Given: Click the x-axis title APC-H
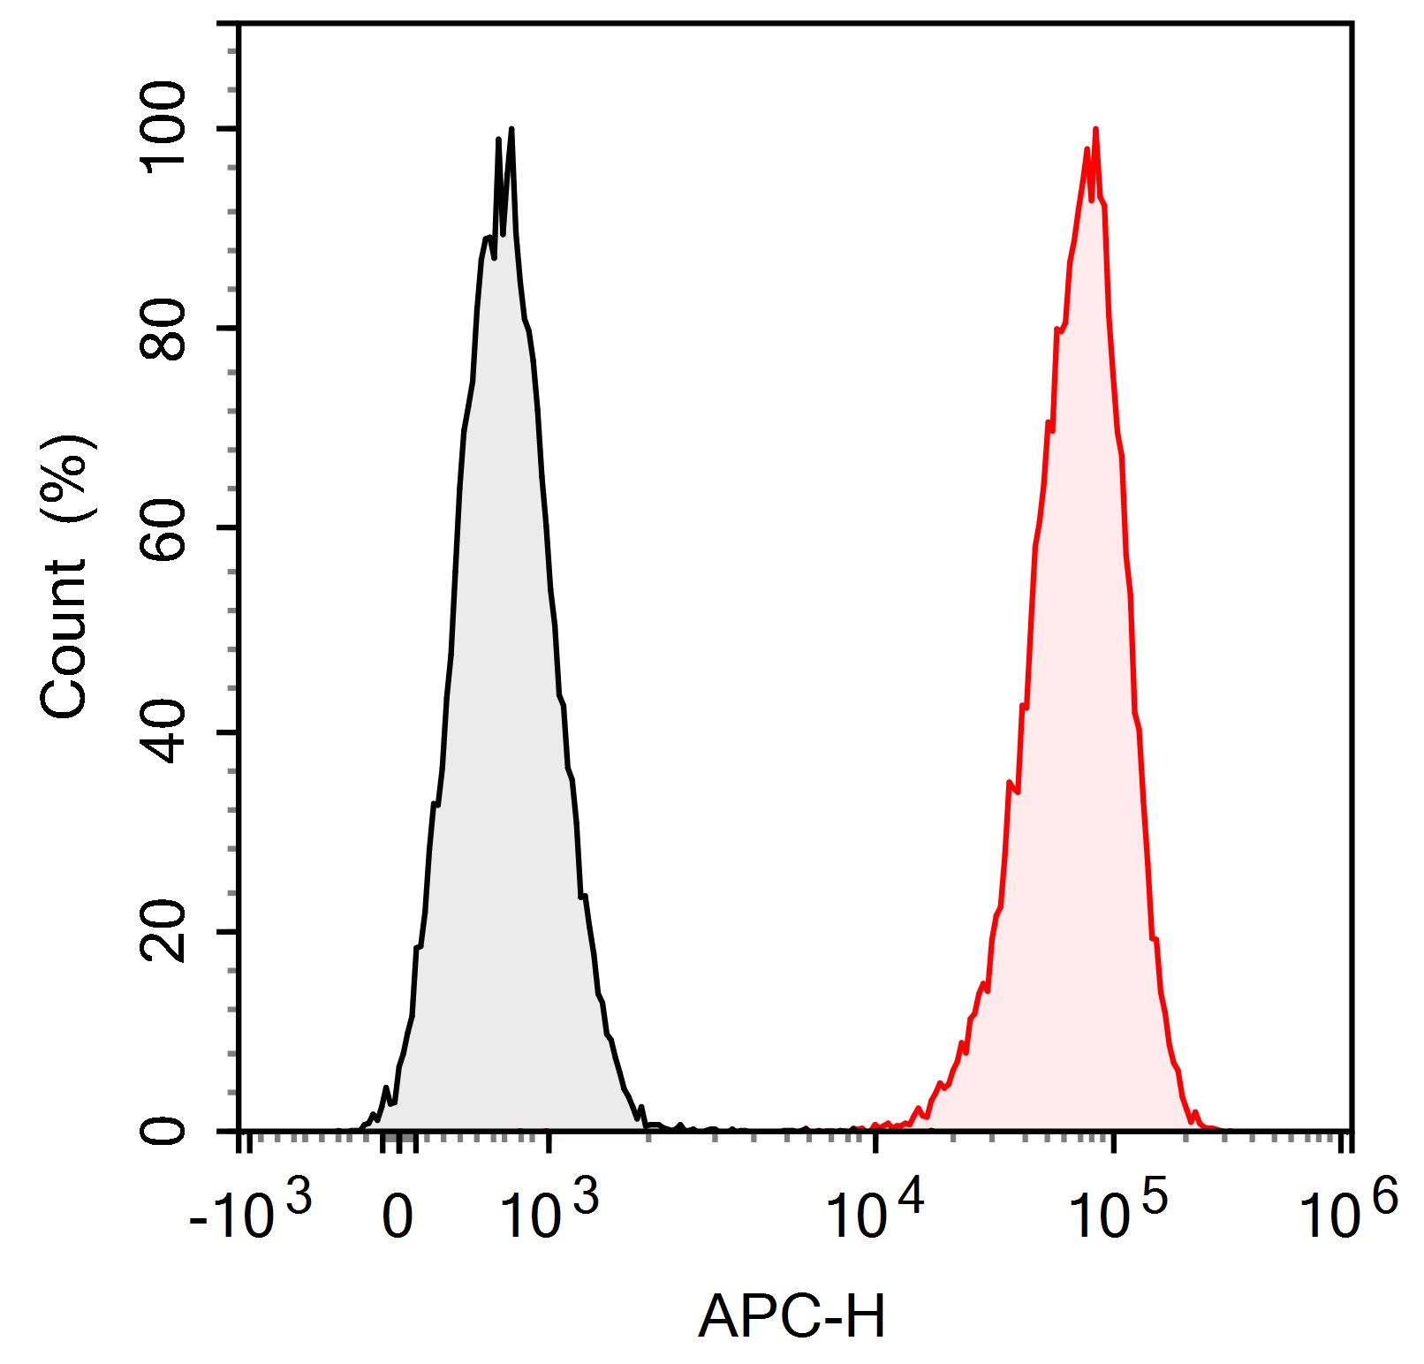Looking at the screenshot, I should pos(792,1317).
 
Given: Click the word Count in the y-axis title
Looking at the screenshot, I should pos(64,638).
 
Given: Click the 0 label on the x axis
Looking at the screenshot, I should pos(398,1216).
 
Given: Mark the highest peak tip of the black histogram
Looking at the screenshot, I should pos(511,130).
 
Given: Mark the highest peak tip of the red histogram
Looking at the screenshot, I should pos(1095,130).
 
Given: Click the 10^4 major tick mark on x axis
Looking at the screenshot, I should pos(875,1141).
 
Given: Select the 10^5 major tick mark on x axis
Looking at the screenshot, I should pos(1113,1141).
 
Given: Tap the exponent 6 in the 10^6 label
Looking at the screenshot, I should pos(1384,1198).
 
